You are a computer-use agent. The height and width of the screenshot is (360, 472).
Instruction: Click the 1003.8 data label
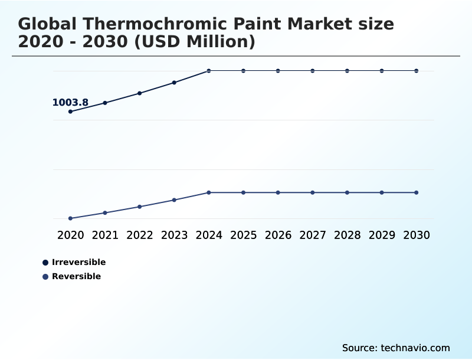tap(70, 103)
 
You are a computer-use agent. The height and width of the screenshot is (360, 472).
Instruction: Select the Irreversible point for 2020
tap(70, 112)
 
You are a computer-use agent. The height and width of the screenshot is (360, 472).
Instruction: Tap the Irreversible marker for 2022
tap(140, 93)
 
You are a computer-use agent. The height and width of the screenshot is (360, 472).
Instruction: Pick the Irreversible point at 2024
tap(209, 71)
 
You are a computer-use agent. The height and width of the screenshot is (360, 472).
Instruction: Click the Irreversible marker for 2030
tap(417, 71)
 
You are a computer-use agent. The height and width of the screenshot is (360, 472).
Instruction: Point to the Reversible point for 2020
tap(70, 218)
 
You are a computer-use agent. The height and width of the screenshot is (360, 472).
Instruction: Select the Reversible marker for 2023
tap(174, 200)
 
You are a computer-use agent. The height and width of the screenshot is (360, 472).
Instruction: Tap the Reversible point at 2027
tap(313, 192)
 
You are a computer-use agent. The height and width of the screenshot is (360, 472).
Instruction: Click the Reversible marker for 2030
tap(417, 192)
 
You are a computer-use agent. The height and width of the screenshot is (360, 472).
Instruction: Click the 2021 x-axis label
tap(105, 235)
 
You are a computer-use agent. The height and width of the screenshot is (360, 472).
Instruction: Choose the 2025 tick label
tap(243, 235)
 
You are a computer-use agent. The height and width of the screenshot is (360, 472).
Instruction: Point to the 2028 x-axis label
tap(347, 235)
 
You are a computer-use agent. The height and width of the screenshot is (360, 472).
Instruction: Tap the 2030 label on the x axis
tap(417, 235)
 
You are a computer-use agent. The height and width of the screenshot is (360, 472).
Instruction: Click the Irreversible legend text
tap(78, 263)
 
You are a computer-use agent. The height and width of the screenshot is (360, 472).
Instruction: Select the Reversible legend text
tap(76, 277)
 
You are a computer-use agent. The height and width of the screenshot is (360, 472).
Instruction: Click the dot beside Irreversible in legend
tap(45, 263)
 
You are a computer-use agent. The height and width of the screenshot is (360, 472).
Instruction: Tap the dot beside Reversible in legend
tap(45, 277)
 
